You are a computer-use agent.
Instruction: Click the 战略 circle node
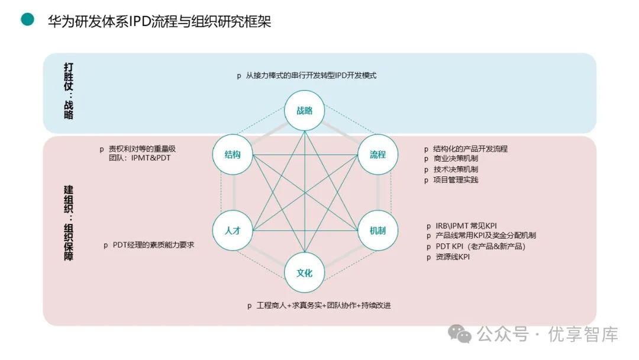tap(304, 110)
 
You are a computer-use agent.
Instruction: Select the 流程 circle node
tap(377, 155)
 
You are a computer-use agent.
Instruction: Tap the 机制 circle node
tap(377, 230)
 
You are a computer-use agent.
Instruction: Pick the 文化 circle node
tap(304, 273)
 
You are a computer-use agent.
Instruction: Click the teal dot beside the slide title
tap(28, 20)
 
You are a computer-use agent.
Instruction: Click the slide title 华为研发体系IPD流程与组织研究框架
tap(159, 21)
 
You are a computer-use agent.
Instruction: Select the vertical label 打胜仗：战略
tap(69, 91)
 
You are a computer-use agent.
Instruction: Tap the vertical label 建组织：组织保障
tap(69, 224)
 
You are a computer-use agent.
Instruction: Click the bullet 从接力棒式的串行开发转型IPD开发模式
tap(311, 76)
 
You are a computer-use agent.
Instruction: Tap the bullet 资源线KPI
tap(452, 257)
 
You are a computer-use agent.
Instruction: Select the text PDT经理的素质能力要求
tap(153, 245)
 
